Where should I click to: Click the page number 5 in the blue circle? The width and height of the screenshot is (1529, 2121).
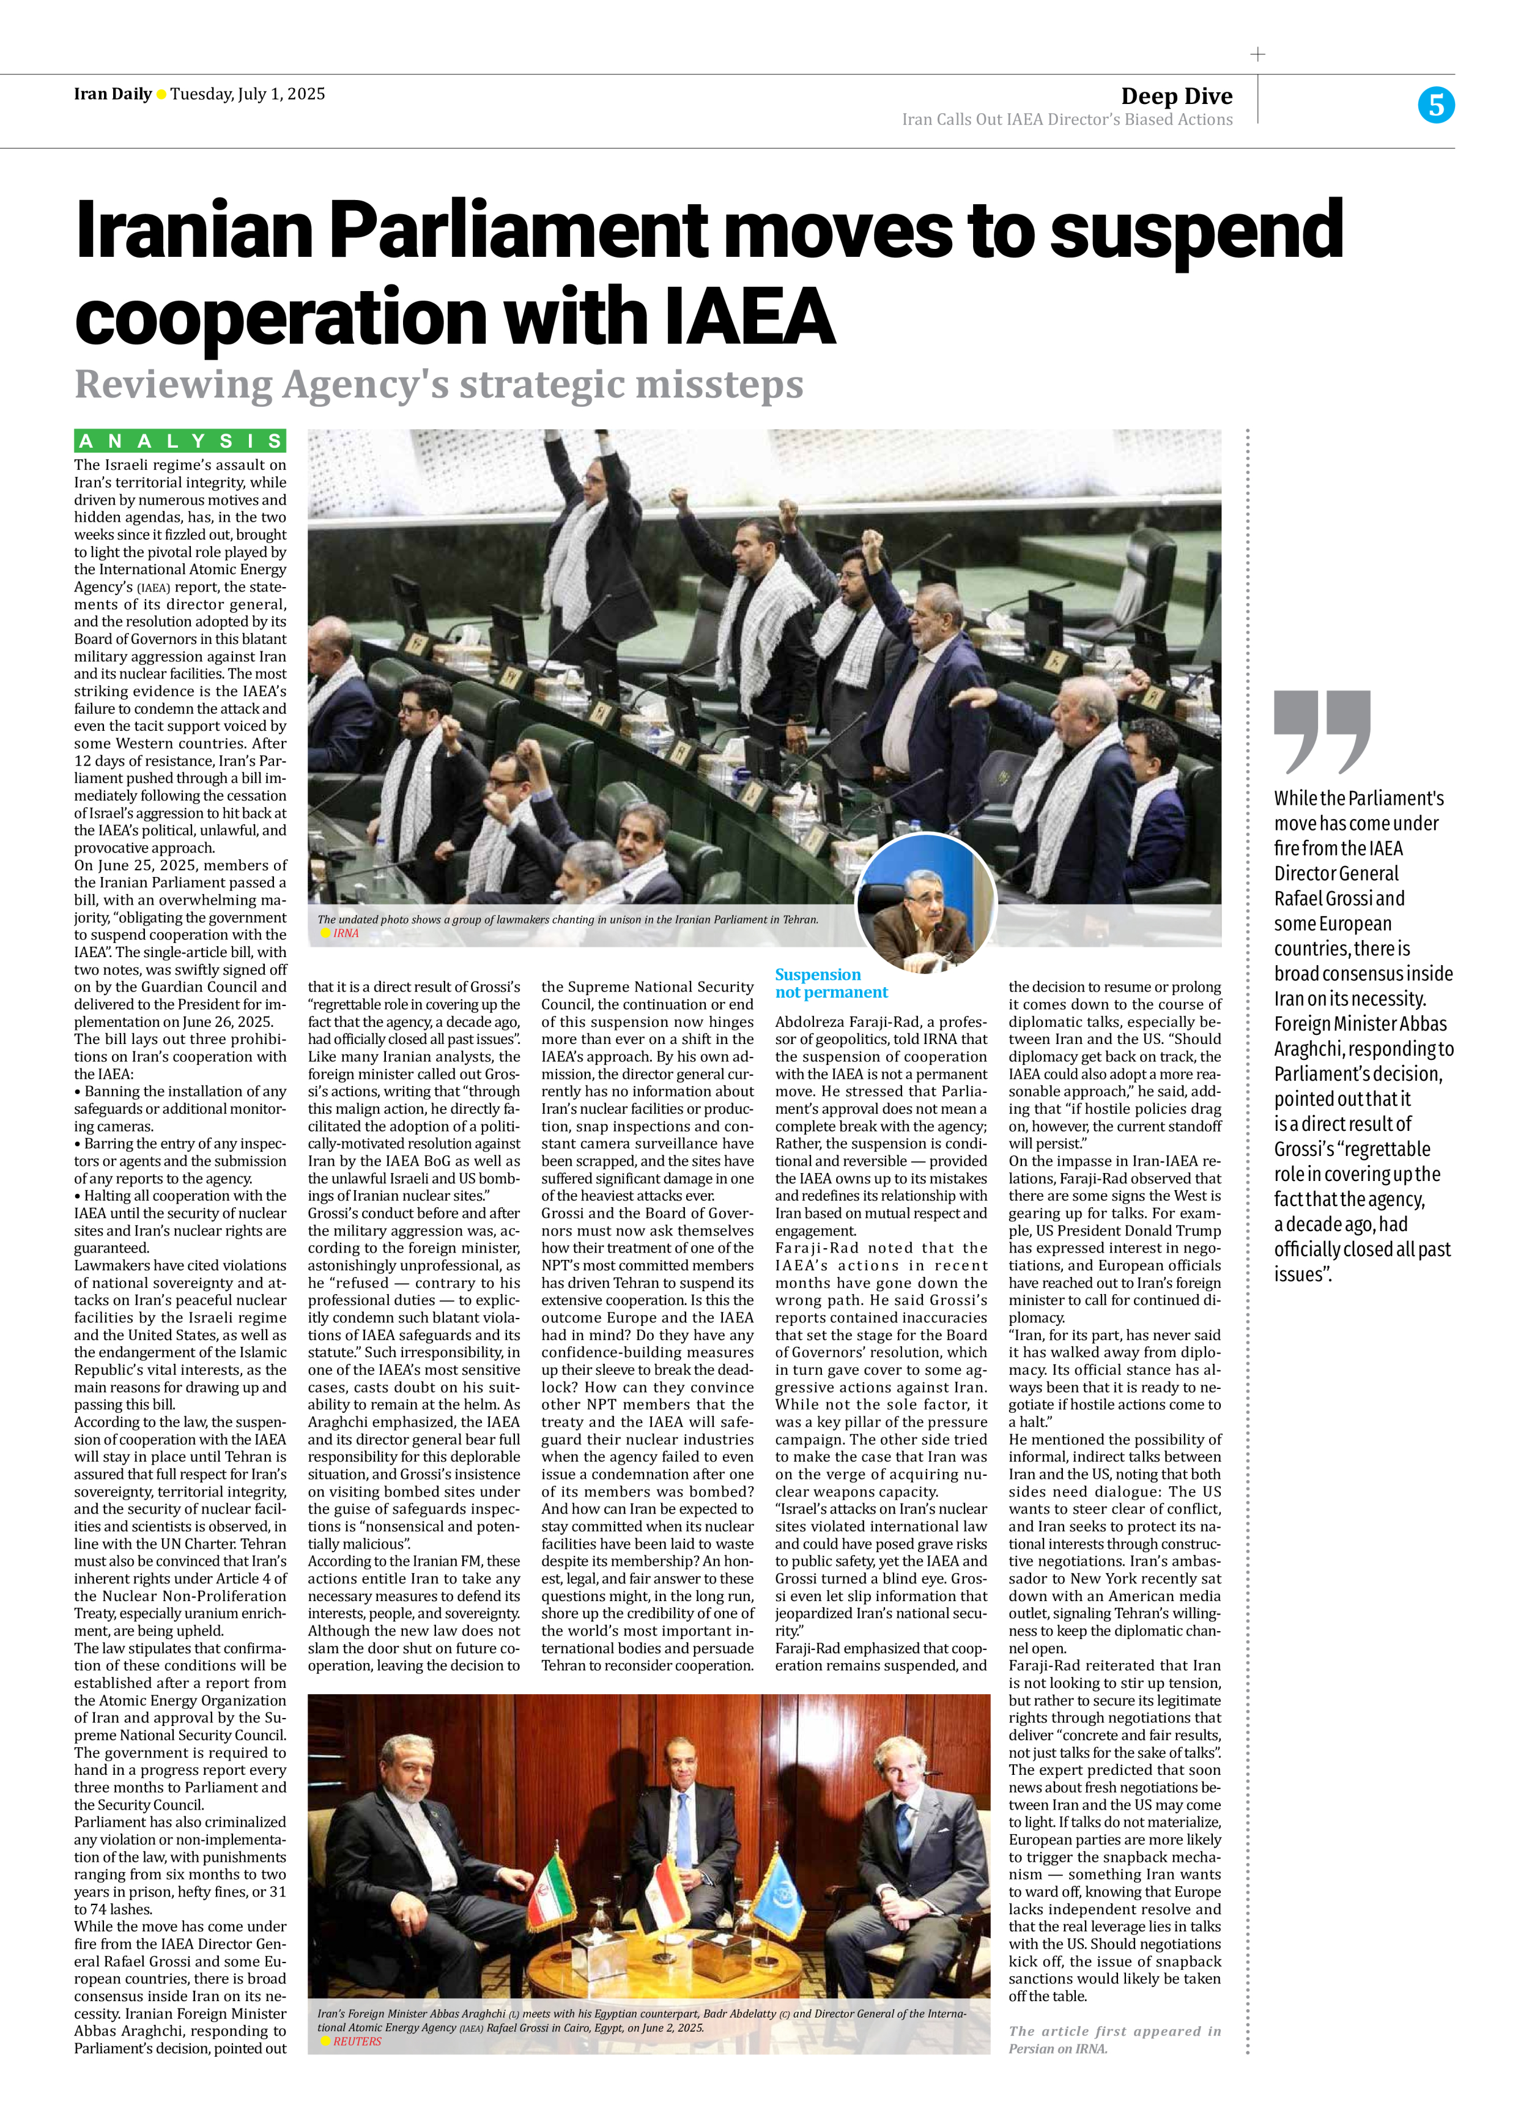[x=1435, y=105]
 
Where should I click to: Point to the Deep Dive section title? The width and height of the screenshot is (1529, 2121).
[x=1177, y=95]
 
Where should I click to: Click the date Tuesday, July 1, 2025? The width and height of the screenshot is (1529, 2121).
[x=248, y=94]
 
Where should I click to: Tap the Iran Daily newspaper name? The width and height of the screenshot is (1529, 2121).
[x=112, y=94]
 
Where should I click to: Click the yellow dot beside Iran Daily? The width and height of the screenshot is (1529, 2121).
[x=161, y=94]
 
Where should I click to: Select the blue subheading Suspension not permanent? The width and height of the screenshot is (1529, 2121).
[x=831, y=983]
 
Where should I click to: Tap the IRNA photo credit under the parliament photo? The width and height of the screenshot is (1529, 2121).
[x=345, y=933]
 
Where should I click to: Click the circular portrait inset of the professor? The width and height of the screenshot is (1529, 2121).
[x=926, y=903]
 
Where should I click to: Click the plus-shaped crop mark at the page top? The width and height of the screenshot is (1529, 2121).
[x=1258, y=54]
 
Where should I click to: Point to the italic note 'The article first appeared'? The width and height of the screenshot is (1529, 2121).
[x=1114, y=2031]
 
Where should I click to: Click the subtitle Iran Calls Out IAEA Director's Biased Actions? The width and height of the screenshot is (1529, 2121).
[x=1067, y=120]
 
